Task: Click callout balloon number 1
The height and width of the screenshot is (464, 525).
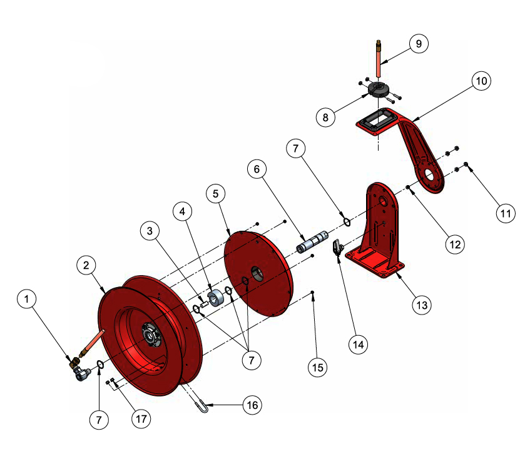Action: [27, 301]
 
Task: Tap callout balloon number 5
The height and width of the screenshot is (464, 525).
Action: [216, 194]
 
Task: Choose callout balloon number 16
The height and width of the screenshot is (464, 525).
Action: [252, 405]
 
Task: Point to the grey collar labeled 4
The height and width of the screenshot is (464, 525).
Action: [217, 298]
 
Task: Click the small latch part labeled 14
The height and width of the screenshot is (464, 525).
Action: [337, 247]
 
